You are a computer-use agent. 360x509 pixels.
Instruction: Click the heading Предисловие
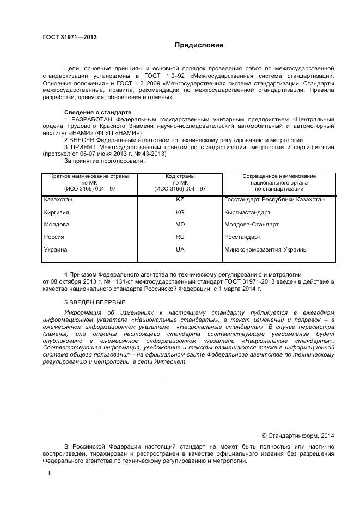point(199,45)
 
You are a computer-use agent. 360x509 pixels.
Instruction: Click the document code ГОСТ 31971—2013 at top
point(70,36)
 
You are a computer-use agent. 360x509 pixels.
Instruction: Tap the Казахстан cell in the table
point(58,200)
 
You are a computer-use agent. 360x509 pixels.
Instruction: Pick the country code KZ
point(180,200)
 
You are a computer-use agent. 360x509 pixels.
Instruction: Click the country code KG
point(180,212)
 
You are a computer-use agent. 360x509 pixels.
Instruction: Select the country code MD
point(180,224)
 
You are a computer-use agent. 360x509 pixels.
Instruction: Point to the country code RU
point(180,237)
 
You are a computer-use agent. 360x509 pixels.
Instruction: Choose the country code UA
point(180,249)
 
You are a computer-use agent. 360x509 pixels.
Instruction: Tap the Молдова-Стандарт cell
point(252,224)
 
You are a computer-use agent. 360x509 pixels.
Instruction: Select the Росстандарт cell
point(242,237)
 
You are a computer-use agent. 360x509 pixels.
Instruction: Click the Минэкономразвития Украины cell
point(266,249)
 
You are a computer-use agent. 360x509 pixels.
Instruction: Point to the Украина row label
point(55,249)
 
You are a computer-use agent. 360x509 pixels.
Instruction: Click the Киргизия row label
point(56,212)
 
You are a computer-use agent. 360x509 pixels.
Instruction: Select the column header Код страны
point(180,176)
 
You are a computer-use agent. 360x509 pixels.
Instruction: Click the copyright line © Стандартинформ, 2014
point(298,436)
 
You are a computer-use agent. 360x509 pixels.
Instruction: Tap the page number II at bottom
point(50,474)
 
